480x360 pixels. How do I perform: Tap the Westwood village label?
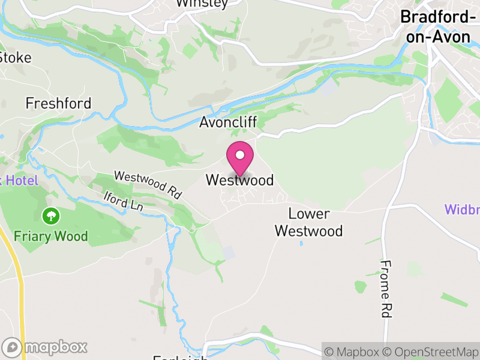239,180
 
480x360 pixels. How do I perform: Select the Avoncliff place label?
228,122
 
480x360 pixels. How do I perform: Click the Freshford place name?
58,103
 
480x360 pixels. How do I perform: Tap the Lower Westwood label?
309,223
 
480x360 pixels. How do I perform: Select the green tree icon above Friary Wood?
51,215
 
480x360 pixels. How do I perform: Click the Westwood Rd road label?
148,185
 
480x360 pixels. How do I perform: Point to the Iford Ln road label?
122,200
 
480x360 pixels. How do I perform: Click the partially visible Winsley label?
202,4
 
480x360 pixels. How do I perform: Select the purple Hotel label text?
19,180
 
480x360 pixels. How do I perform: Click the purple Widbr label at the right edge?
461,210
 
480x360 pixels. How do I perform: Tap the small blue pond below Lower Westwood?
301,244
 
